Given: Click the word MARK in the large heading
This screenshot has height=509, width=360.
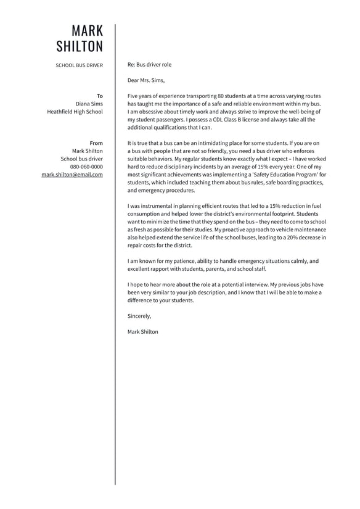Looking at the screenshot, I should point(88,30).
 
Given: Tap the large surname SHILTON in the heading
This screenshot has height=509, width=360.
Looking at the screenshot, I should point(80,46).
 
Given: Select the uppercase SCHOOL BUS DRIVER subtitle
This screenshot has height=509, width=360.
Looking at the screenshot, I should point(80,65).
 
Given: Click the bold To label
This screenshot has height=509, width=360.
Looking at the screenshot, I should point(100,96).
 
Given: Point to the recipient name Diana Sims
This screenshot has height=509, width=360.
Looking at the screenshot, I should point(89,104).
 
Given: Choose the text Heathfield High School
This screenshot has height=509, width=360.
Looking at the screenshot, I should point(75,112).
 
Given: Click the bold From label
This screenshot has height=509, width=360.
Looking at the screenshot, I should point(96,143).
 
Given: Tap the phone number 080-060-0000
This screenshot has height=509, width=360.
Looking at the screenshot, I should point(86,167).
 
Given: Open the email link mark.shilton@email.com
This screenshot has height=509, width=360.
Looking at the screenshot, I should point(72,175).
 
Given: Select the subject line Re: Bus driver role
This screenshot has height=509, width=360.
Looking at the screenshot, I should point(149,64).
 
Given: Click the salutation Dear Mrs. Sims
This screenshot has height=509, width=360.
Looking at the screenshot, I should point(146,80).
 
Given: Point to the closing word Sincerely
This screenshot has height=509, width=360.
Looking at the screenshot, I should point(139,316).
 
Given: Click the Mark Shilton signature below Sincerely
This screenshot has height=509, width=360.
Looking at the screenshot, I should point(142,332).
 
